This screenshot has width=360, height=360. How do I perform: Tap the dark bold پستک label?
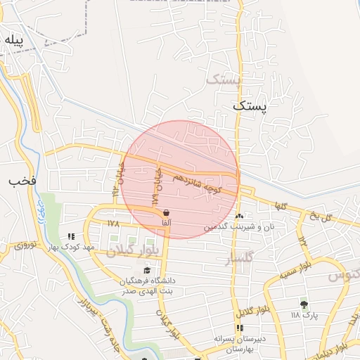(x=250, y=105)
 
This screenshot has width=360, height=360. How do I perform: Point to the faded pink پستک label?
(x=224, y=79)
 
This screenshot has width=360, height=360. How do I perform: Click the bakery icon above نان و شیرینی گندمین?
(x=240, y=217)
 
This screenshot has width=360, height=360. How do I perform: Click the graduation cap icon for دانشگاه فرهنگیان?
(x=147, y=270)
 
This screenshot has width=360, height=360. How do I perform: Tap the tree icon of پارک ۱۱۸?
(x=304, y=304)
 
